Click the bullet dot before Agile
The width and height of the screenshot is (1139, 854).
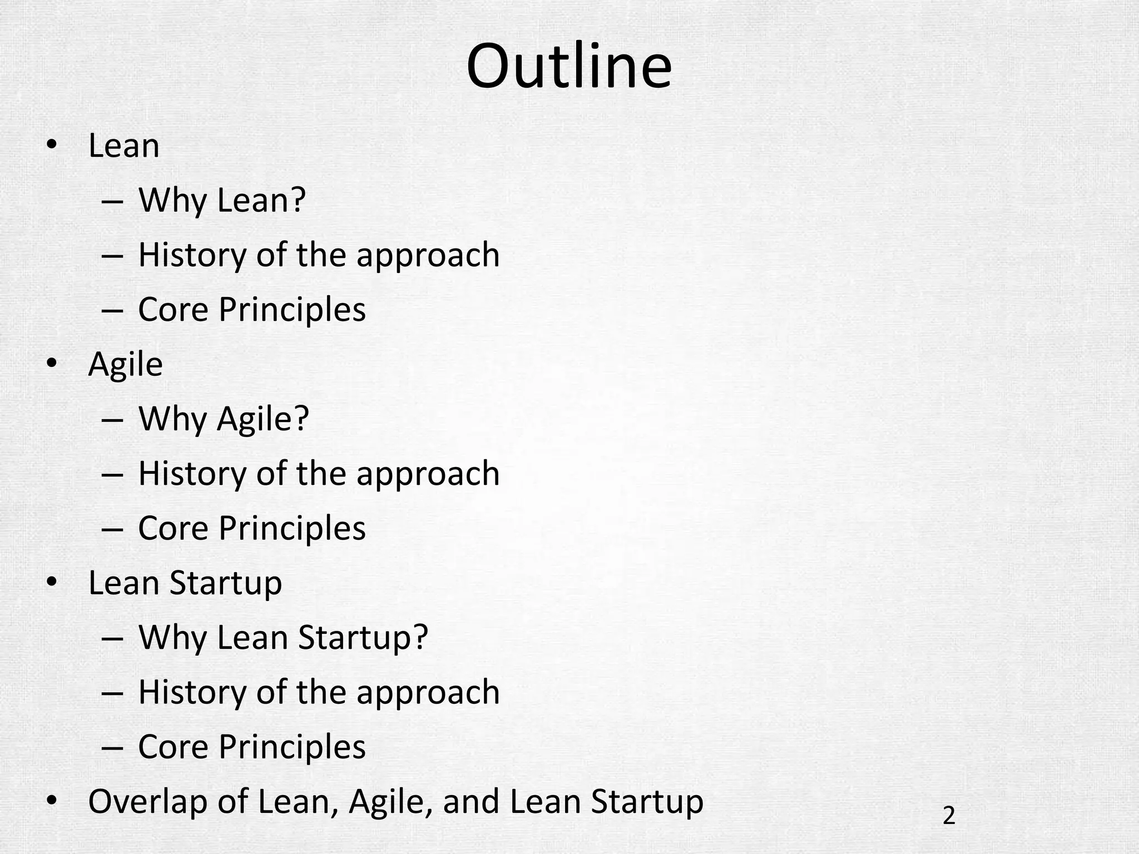point(52,364)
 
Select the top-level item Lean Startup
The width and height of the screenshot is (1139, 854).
point(185,583)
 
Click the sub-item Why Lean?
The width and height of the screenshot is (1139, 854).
point(222,200)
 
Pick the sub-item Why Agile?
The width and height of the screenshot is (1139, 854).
point(223,419)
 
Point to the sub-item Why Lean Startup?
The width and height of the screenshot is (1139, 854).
point(283,637)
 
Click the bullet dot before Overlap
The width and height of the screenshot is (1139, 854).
point(52,801)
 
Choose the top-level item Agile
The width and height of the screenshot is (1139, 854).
point(125,365)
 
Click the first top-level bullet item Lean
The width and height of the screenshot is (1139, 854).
point(123,146)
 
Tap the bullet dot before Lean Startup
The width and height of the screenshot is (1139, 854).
point(52,582)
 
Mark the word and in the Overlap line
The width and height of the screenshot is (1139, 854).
point(471,802)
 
